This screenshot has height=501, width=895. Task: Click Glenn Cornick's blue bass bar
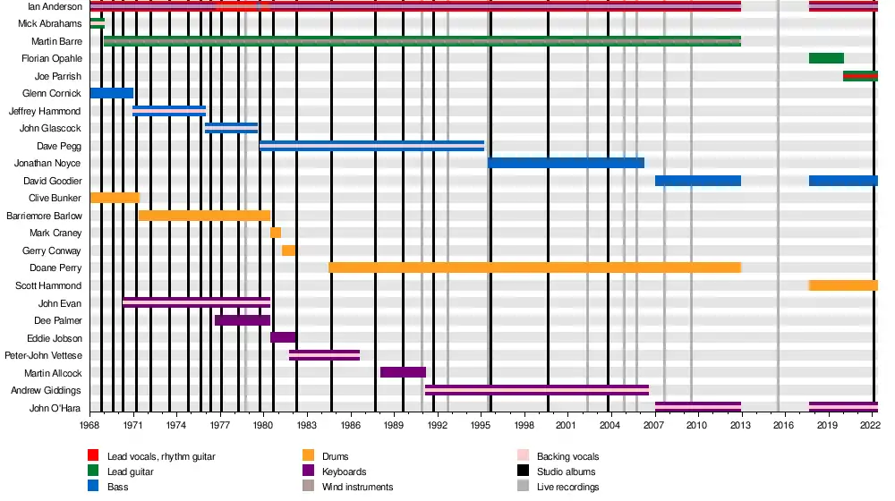112,93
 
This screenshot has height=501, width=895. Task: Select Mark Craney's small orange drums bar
276,233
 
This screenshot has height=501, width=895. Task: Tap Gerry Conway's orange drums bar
288,250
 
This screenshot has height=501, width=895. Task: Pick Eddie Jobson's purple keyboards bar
283,337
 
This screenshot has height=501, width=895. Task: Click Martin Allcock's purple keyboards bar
403,372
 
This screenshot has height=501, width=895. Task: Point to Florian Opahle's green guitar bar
826,58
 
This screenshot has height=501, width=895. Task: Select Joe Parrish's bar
860,76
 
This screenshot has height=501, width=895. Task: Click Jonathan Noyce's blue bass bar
566,163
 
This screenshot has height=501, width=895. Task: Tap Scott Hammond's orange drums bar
843,285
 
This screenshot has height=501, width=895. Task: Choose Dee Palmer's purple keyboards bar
243,320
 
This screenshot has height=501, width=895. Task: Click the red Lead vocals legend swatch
93,456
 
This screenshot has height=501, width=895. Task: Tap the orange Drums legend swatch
308,456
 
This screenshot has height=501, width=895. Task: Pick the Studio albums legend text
566,471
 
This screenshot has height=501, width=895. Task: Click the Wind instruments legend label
357,487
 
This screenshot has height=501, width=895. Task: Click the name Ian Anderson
55,6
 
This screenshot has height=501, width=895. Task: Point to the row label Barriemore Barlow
44,216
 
